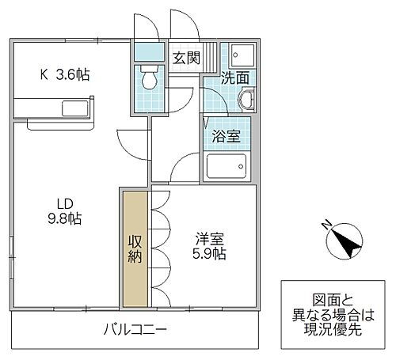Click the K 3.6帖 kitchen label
tap(65, 75)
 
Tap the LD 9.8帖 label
tap(65, 210)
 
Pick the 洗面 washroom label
tap(235, 79)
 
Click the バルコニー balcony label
tap(135, 330)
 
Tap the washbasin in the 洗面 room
tap(246, 100)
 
